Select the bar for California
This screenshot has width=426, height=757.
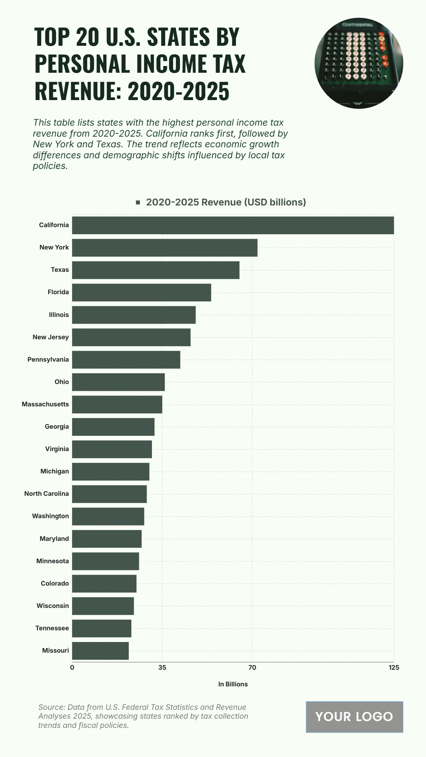pos(233,225)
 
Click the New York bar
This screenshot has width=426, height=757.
pos(165,248)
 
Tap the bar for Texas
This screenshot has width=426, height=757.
pos(155,270)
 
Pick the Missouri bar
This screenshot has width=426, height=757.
pos(100,651)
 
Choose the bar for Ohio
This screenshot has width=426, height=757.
pos(118,382)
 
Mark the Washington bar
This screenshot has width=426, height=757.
pos(108,516)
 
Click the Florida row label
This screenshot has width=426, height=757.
pos(58,292)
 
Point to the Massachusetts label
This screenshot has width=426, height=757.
pos(45,404)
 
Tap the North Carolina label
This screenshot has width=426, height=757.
pos(47,494)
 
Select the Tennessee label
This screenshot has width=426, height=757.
pos(52,628)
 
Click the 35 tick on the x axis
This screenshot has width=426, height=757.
pos(162,668)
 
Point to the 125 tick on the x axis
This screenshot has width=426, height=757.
pos(394,668)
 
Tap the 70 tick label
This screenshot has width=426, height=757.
pos(252,668)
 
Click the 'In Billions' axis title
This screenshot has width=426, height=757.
pos(233,684)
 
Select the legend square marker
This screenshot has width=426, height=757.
pos(138,202)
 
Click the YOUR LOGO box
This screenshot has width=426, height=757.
pos(354,717)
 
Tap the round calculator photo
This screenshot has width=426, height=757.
pos(359,63)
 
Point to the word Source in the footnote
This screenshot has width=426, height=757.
pos(51,707)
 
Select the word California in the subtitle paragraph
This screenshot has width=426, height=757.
pos(172,134)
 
